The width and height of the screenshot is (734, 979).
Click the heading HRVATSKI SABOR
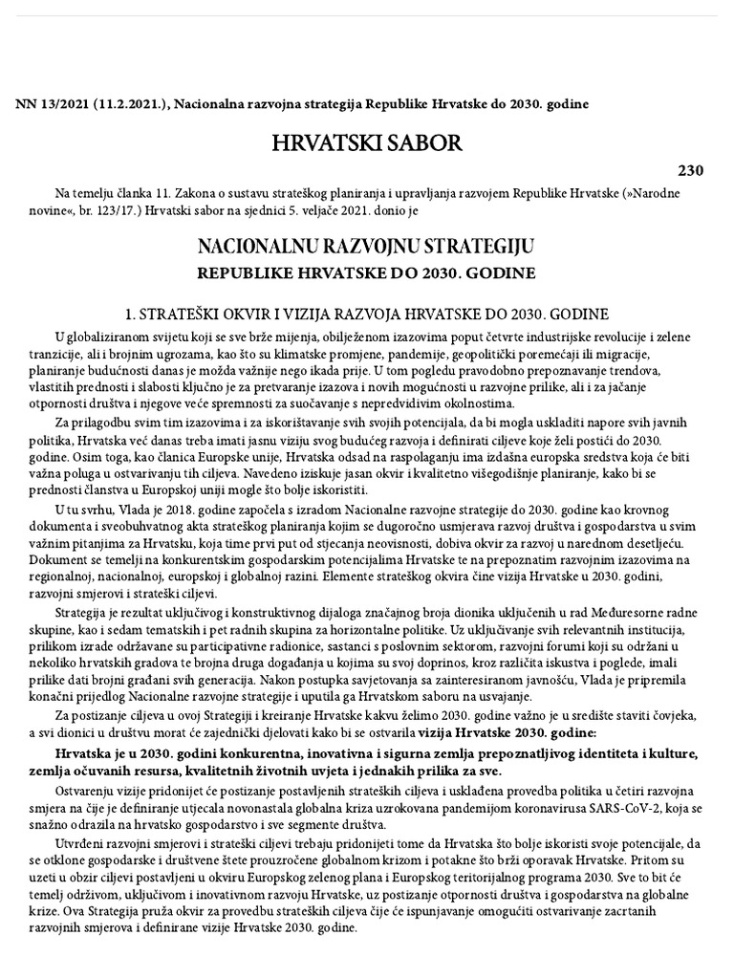coord(367,143)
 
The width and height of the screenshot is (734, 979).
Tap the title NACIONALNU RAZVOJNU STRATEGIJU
coord(366,247)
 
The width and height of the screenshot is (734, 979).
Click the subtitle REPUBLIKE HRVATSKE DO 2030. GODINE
coord(366,272)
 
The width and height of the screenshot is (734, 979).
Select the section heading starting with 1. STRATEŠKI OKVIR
coord(367,314)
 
